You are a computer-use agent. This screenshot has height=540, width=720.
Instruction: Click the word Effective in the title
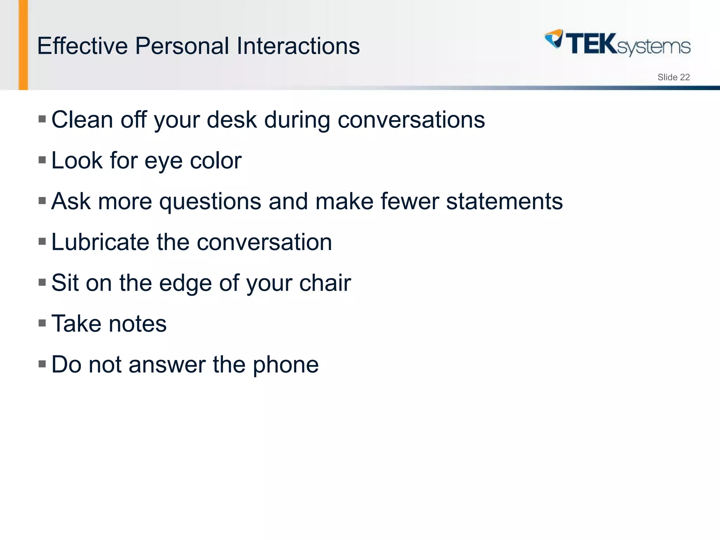82,46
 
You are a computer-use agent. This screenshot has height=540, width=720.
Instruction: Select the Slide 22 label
673,77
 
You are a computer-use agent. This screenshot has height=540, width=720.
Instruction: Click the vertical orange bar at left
23,45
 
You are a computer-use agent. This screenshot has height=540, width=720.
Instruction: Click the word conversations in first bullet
411,120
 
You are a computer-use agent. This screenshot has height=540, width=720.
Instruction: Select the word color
216,161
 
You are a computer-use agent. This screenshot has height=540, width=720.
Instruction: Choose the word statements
504,201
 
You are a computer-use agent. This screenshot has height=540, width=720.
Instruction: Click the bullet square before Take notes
42,323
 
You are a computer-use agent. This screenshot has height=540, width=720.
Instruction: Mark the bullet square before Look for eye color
42,160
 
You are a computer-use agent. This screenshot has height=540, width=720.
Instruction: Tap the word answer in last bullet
167,365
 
